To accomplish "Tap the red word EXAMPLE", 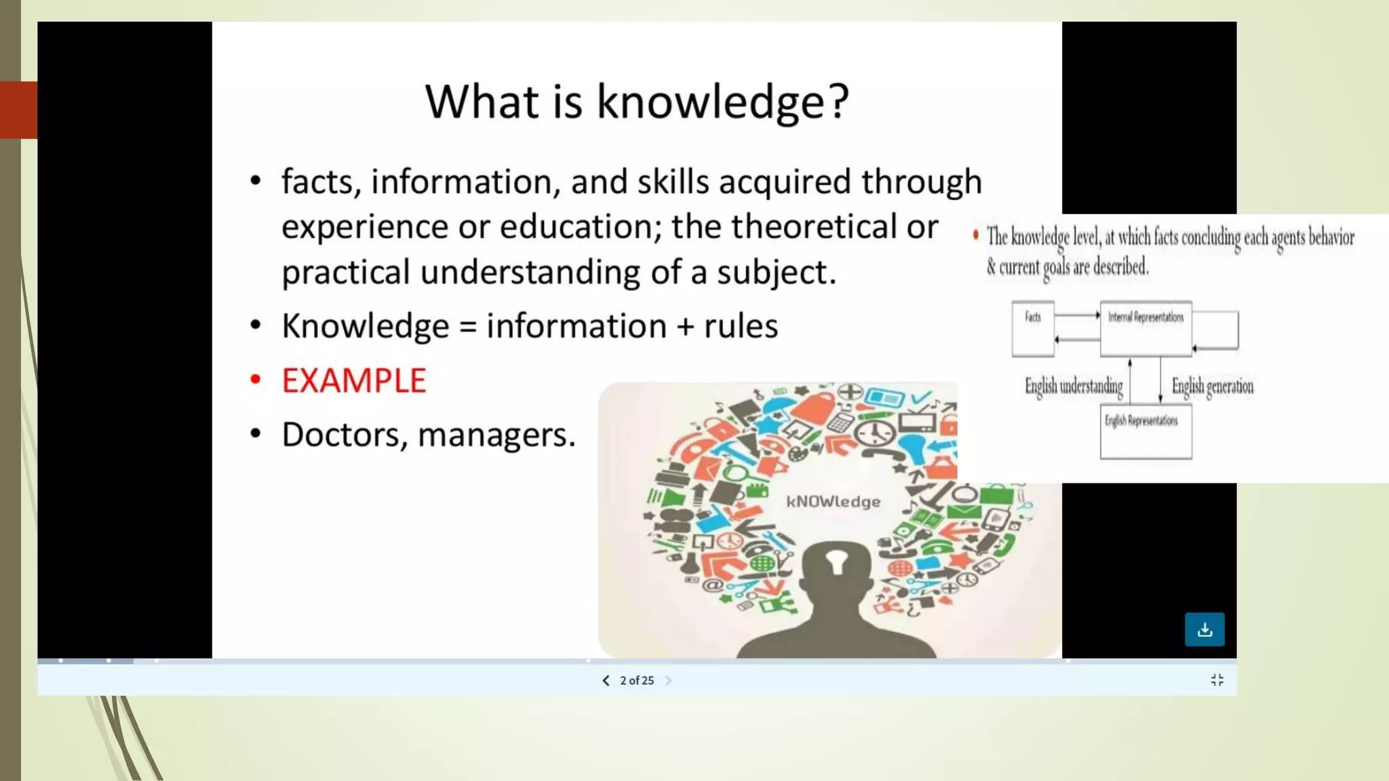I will point(353,380).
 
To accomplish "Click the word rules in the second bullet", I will point(741,326).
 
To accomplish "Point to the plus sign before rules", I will point(686,327).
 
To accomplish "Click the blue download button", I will point(1204,629).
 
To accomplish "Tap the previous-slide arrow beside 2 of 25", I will point(606,680).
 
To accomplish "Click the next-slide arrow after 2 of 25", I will point(668,680).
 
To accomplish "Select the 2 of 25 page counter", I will point(637,680).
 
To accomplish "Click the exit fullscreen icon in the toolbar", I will point(1217,680).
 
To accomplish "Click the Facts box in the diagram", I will point(1032,329).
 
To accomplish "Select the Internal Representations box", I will point(1146,329).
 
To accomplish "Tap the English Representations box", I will point(1145,433).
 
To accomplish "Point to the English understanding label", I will point(1073,386).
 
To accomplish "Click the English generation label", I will point(1212,386).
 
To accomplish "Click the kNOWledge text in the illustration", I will point(833,502).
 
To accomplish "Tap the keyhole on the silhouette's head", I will point(836,561).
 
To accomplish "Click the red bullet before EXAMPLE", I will point(255,380).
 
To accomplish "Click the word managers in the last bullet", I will point(496,435).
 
